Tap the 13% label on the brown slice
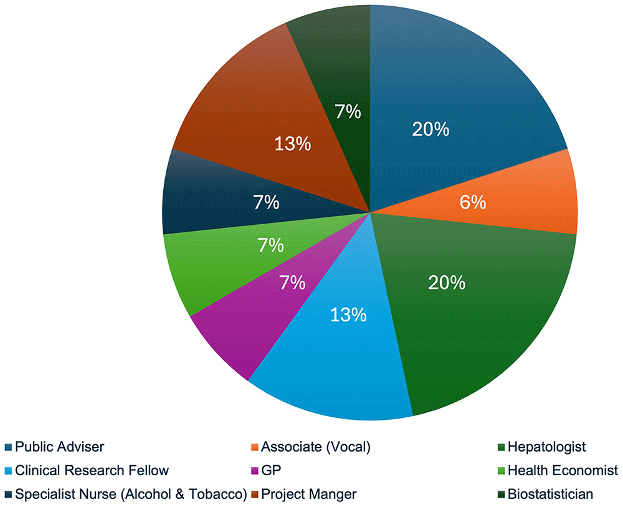[x=293, y=144]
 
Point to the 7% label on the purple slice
[x=292, y=283]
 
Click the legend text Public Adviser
[x=60, y=447]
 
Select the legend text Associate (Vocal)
[x=316, y=447]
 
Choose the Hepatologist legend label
[x=546, y=447]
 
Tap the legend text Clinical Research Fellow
[x=92, y=470]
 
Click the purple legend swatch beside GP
[x=253, y=471]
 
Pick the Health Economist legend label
[x=563, y=470]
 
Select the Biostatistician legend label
[x=550, y=494]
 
